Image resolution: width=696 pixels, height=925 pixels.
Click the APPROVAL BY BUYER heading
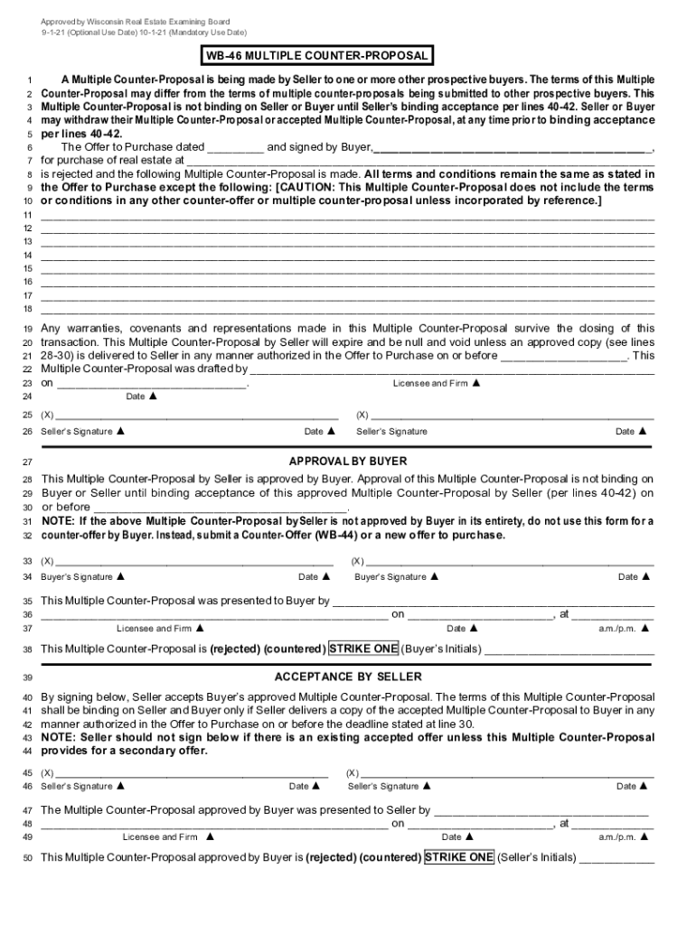point(348,462)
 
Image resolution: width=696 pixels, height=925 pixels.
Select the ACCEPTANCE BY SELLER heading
point(348,677)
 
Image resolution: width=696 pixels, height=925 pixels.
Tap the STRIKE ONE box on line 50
point(459,856)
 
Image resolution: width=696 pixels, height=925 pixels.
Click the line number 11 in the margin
point(28,215)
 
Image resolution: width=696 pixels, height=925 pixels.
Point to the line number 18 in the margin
point(28,309)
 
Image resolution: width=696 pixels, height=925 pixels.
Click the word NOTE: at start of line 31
point(59,521)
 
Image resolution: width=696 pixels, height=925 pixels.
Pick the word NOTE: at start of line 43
point(59,738)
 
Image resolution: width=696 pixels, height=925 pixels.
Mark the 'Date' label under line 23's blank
point(136,397)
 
